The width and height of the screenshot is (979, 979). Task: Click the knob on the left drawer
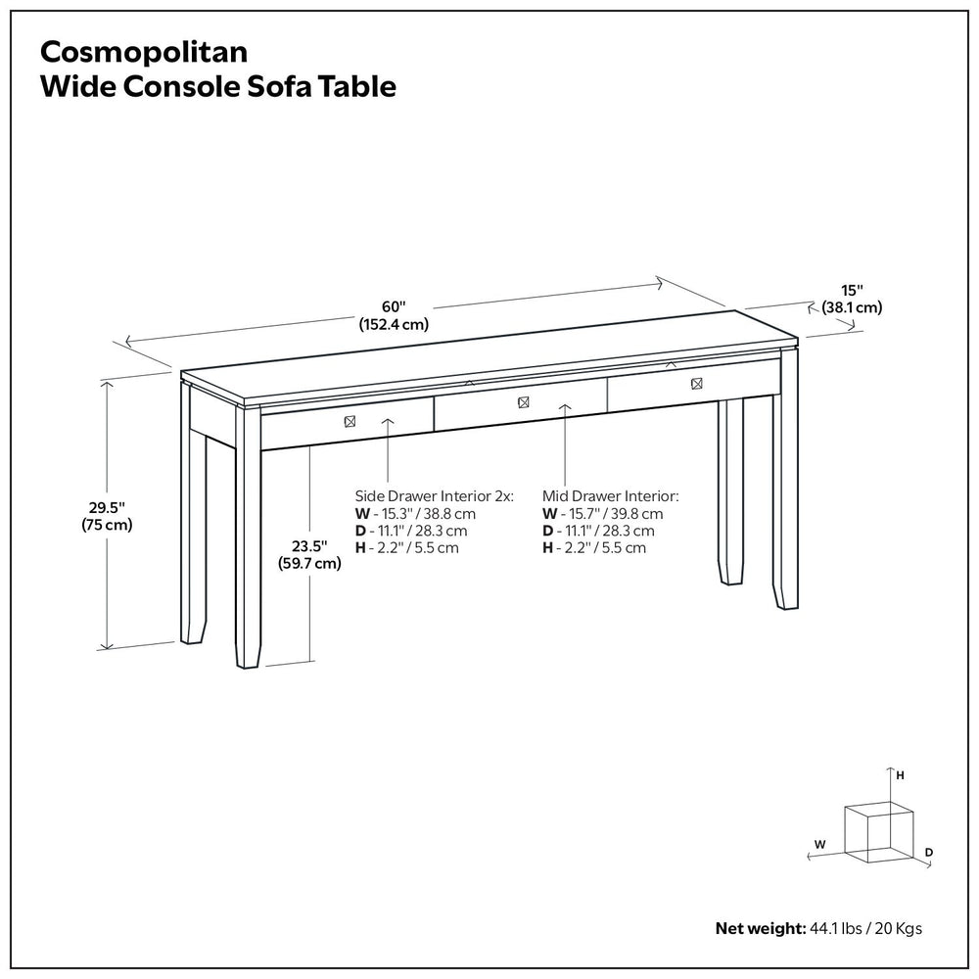(349, 421)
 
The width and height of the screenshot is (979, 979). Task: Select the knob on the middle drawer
(523, 401)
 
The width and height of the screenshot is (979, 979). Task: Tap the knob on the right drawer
(696, 384)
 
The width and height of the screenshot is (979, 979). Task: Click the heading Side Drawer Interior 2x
(434, 496)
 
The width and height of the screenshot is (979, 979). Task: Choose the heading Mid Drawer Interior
(610, 496)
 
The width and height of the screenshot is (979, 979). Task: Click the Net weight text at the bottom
(818, 927)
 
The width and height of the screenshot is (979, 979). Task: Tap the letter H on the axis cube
(900, 774)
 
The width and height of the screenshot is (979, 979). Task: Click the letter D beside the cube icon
(928, 853)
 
